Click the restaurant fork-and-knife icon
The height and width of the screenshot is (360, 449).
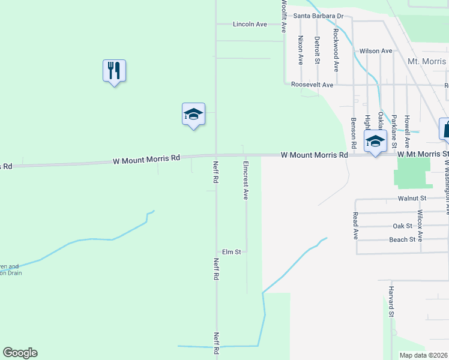pos(114,71)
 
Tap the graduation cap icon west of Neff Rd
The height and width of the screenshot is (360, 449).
pos(194,114)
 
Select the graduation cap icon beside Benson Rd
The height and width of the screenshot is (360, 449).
pos(375,142)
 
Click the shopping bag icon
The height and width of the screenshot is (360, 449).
pos(445,129)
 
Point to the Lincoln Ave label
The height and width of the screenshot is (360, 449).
pos(250,25)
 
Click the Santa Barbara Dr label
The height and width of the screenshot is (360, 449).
pos(318,16)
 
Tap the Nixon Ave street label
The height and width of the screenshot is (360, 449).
pos(301,50)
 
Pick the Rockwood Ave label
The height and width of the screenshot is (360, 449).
pos(336,50)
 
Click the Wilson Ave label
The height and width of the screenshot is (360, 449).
pos(376,51)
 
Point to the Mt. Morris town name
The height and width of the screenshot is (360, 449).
pos(427,62)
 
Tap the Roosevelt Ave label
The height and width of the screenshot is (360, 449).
pos(312,85)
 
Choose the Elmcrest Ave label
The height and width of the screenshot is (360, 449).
pos(246,180)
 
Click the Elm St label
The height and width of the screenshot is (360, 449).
pos(231,252)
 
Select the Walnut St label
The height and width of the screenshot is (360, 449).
pos(411,198)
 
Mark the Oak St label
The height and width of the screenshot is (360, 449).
pos(402,226)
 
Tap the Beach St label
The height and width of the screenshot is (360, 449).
pos(403,240)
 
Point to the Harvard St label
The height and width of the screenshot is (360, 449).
pos(391,302)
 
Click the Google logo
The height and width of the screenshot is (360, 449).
pos(20,353)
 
